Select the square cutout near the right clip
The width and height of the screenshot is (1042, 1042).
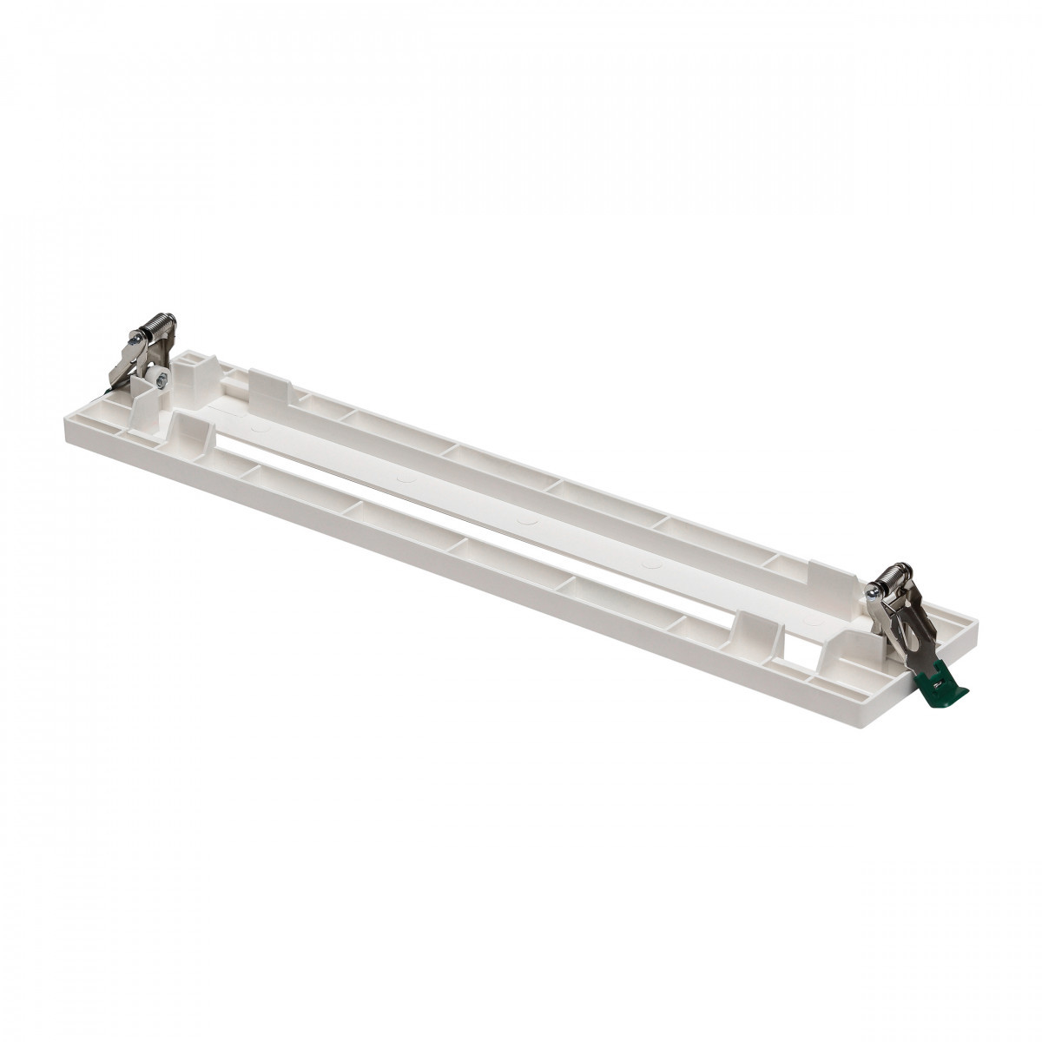[796, 647]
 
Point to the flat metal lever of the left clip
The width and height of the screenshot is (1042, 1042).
[126, 365]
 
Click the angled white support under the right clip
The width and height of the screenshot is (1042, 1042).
[855, 647]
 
